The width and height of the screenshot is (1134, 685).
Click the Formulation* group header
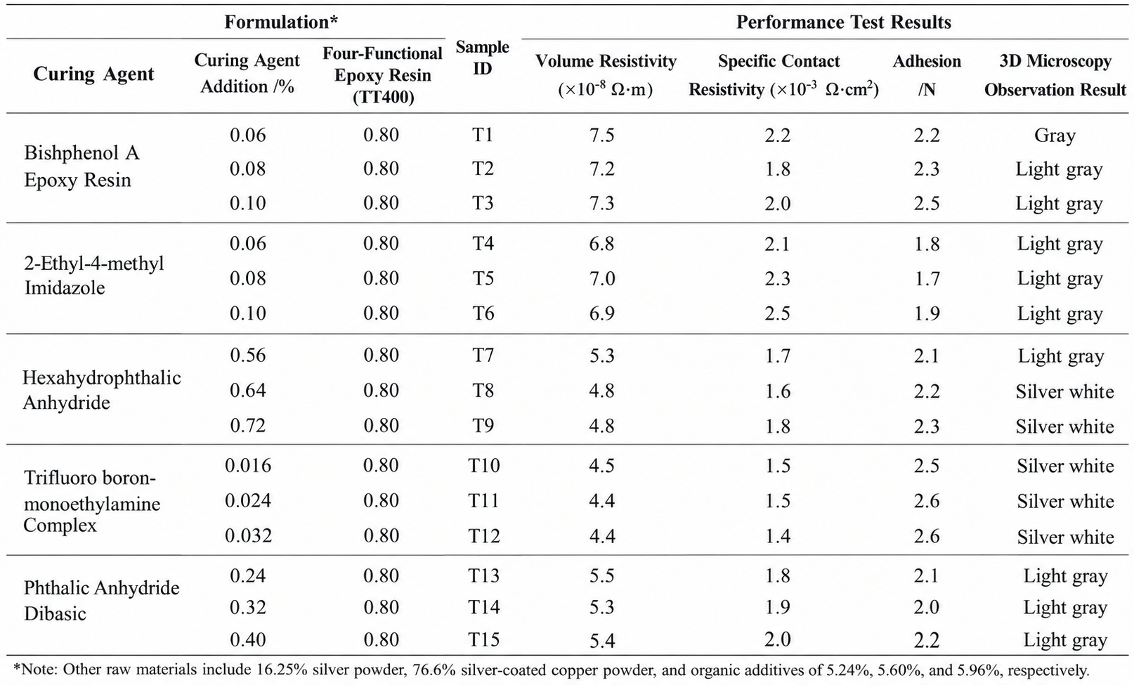[281, 22]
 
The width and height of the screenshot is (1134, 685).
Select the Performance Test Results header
[843, 22]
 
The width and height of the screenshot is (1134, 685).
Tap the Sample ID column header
[483, 57]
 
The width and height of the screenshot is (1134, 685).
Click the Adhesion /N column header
[927, 75]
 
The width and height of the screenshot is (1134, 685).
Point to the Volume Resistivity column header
[606, 75]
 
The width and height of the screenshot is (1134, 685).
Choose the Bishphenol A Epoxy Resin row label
[82, 166]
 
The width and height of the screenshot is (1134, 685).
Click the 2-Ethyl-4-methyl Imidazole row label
[93, 275]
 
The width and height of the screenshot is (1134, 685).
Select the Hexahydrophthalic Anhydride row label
[101, 390]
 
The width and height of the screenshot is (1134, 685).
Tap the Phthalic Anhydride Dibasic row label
[101, 601]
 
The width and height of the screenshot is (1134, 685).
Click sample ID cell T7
[483, 355]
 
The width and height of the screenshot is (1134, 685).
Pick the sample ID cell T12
[484, 535]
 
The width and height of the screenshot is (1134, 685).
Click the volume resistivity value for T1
[602, 135]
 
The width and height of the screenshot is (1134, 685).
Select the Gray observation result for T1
[1055, 136]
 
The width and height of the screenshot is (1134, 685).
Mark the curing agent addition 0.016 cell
[248, 465]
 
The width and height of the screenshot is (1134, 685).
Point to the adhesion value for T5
[927, 278]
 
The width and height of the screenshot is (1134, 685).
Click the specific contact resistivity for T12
[778, 535]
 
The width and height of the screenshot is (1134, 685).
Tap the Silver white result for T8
[1065, 391]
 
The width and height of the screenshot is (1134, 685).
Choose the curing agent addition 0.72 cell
[247, 425]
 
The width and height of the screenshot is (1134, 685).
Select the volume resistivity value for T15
[602, 641]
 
